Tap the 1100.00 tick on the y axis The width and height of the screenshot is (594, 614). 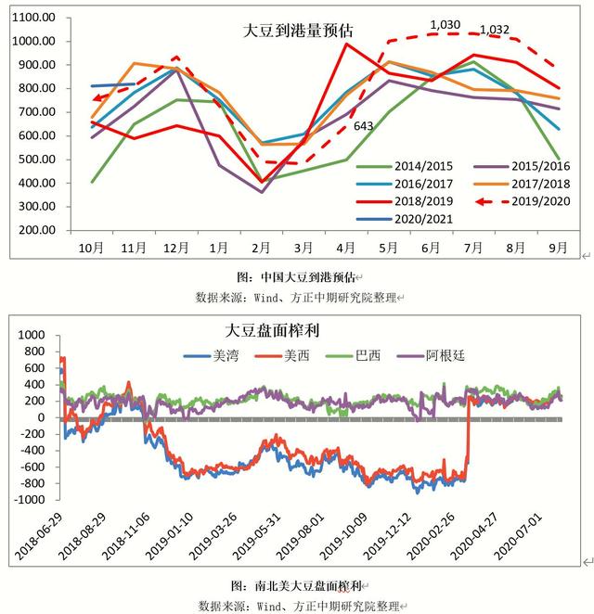(x=36, y=19)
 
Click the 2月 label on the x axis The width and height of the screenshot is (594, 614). (x=262, y=249)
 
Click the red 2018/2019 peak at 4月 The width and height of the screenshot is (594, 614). (x=347, y=44)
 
